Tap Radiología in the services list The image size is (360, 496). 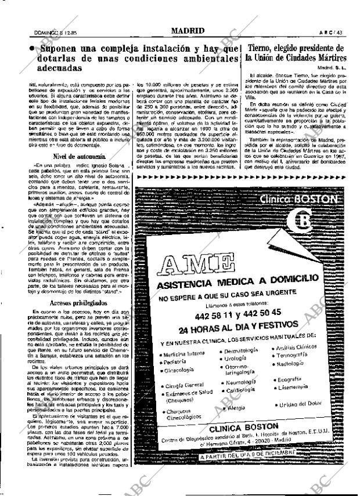(291, 363)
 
